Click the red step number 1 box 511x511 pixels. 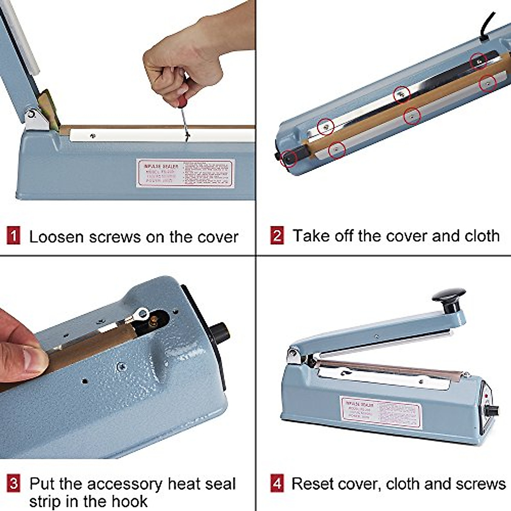(14, 236)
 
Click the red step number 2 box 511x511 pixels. (277, 236)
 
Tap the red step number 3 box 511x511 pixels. (14, 484)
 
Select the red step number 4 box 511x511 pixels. (277, 484)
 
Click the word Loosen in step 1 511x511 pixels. (56, 237)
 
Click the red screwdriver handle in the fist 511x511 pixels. (183, 102)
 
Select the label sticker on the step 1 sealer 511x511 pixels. (186, 173)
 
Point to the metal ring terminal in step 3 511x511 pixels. (139, 316)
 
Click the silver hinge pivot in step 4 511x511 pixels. (293, 355)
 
